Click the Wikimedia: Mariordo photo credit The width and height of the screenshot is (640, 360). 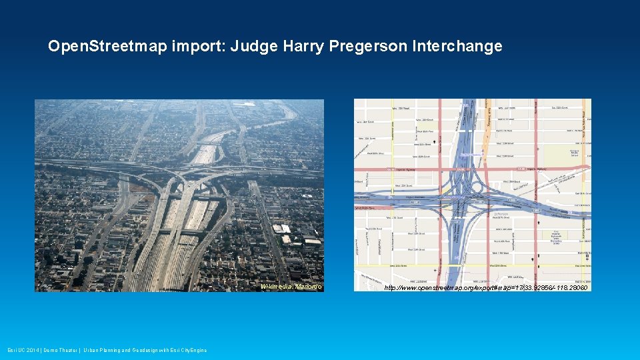pos(291,287)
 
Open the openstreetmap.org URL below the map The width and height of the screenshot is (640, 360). pos(485,288)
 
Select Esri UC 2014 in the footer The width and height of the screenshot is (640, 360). pos(22,350)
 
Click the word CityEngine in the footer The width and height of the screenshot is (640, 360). pos(192,350)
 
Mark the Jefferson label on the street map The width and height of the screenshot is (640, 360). pos(501,214)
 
